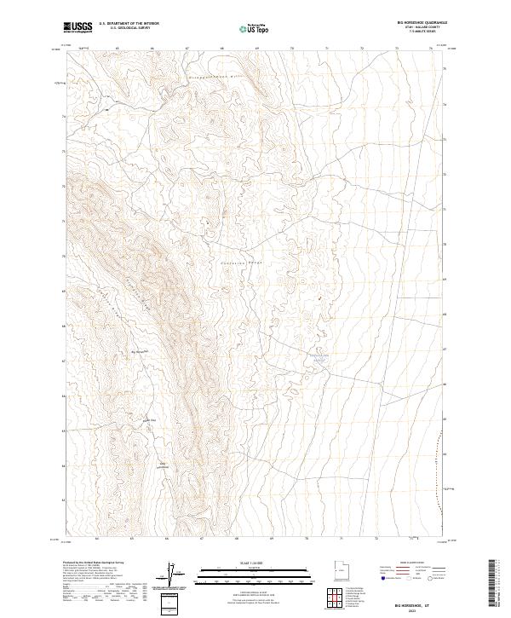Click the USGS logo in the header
pyautogui.click(x=78, y=27)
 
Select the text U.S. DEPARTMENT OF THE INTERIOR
pyautogui.click(x=129, y=24)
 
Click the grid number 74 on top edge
pyautogui.click(x=431, y=49)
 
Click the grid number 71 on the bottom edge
pyautogui.click(x=341, y=539)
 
